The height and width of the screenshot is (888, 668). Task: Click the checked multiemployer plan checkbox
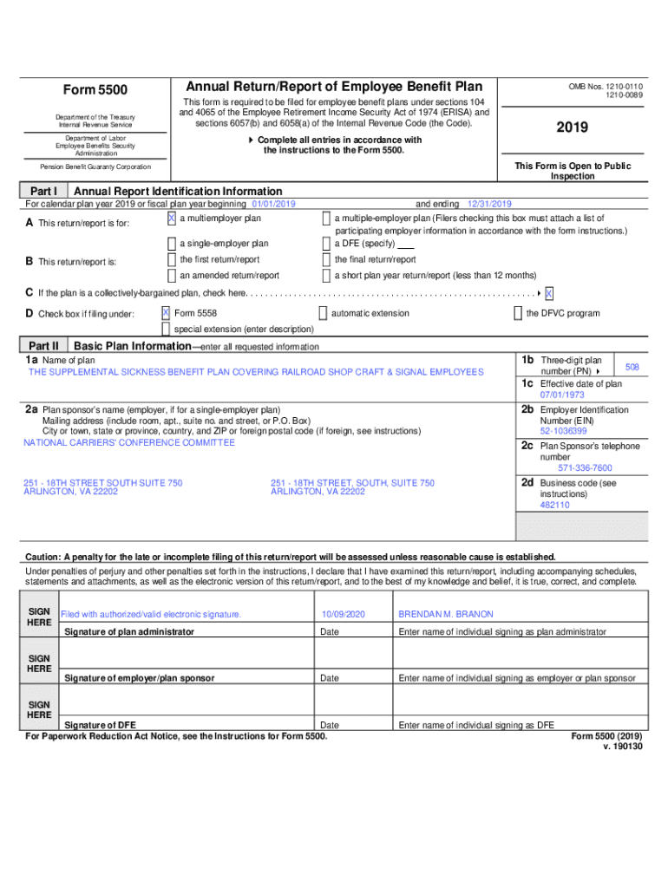coord(171,219)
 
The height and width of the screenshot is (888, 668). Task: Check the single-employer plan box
coord(171,244)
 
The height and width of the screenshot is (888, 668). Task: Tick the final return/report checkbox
coord(326,259)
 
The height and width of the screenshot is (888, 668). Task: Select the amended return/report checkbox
coord(171,276)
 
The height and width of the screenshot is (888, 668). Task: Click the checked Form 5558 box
coord(166,312)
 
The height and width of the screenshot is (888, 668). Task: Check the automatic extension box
coord(323,313)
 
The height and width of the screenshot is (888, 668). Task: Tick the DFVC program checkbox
coord(518,313)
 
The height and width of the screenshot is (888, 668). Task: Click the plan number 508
coord(632,368)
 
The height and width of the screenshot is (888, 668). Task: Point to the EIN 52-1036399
coord(563,430)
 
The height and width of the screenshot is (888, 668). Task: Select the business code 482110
coord(554,504)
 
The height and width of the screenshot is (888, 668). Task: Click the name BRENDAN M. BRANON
coord(445,614)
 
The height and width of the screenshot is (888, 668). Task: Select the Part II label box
coord(43,346)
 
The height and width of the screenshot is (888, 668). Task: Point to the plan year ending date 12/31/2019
coord(489,204)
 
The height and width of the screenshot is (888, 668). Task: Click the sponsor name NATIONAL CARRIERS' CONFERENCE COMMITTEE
coord(129,442)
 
